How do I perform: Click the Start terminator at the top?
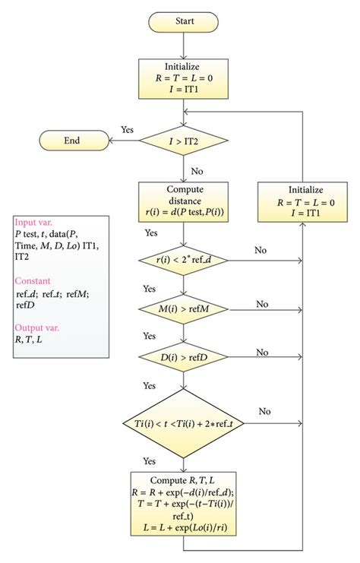point(182,21)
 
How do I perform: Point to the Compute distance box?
point(182,202)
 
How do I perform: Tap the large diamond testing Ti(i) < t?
point(182,422)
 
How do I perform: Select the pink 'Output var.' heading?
point(38,327)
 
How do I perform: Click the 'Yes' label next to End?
point(127,130)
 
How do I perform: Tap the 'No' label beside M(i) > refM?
point(262,303)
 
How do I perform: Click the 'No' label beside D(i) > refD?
point(262,352)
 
